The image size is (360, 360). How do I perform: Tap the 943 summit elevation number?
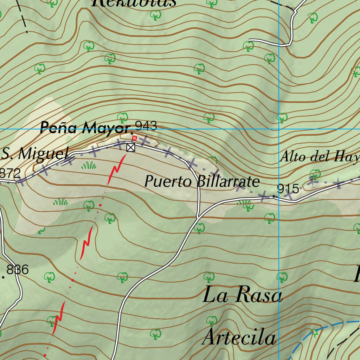click(x=146, y=126)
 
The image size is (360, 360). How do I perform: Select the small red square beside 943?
click(x=134, y=138)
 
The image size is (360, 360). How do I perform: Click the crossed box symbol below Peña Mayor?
click(x=130, y=147)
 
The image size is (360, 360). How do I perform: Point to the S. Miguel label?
click(x=34, y=154)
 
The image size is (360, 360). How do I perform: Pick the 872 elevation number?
click(x=11, y=173)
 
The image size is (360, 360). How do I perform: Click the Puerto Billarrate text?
click(x=202, y=182)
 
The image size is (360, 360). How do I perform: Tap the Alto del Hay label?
click(x=319, y=156)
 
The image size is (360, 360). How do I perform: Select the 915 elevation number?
click(x=288, y=189)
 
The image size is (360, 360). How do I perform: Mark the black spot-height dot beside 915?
click(x=274, y=196)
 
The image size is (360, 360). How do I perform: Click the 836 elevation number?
click(x=18, y=270)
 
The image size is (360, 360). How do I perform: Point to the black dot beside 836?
click(x=4, y=277)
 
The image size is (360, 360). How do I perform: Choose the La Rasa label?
click(x=243, y=295)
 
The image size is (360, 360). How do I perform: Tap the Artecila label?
click(x=239, y=338)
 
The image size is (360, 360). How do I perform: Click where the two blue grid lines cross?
click(x=279, y=129)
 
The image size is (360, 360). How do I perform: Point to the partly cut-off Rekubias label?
click(x=134, y=3)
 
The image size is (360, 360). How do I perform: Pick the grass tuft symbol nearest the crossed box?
click(x=89, y=165)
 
